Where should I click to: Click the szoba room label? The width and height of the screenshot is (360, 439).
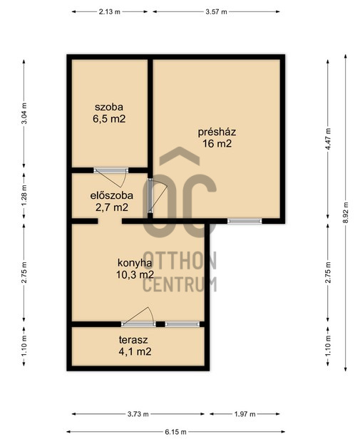[x=109, y=107]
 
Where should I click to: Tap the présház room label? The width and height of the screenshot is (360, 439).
[x=217, y=132]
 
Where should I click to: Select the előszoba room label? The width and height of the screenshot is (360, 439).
[x=111, y=195]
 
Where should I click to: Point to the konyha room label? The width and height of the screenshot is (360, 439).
[x=135, y=263]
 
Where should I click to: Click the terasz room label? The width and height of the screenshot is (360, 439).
[x=133, y=340]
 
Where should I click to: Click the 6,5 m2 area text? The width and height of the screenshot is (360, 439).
[x=109, y=119]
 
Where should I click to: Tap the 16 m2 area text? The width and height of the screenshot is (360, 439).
[x=217, y=144]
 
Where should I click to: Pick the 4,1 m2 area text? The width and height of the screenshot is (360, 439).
[x=135, y=351]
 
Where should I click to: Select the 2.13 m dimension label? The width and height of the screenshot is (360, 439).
[x=110, y=11]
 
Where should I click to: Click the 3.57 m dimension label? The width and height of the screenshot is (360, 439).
[x=216, y=11]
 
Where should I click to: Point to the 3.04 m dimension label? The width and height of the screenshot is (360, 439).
[x=24, y=113]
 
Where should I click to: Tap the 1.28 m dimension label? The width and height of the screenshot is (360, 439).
[x=24, y=195]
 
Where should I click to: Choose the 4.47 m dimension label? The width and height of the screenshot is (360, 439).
[x=328, y=139]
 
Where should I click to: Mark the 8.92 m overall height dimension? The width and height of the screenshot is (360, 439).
[x=346, y=212]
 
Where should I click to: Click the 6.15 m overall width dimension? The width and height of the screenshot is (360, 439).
[x=175, y=432]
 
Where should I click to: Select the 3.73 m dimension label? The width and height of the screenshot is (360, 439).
[x=138, y=414]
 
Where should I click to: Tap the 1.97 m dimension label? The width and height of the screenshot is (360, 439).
[x=245, y=414]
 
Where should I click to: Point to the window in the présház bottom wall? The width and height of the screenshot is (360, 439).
[x=245, y=221]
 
